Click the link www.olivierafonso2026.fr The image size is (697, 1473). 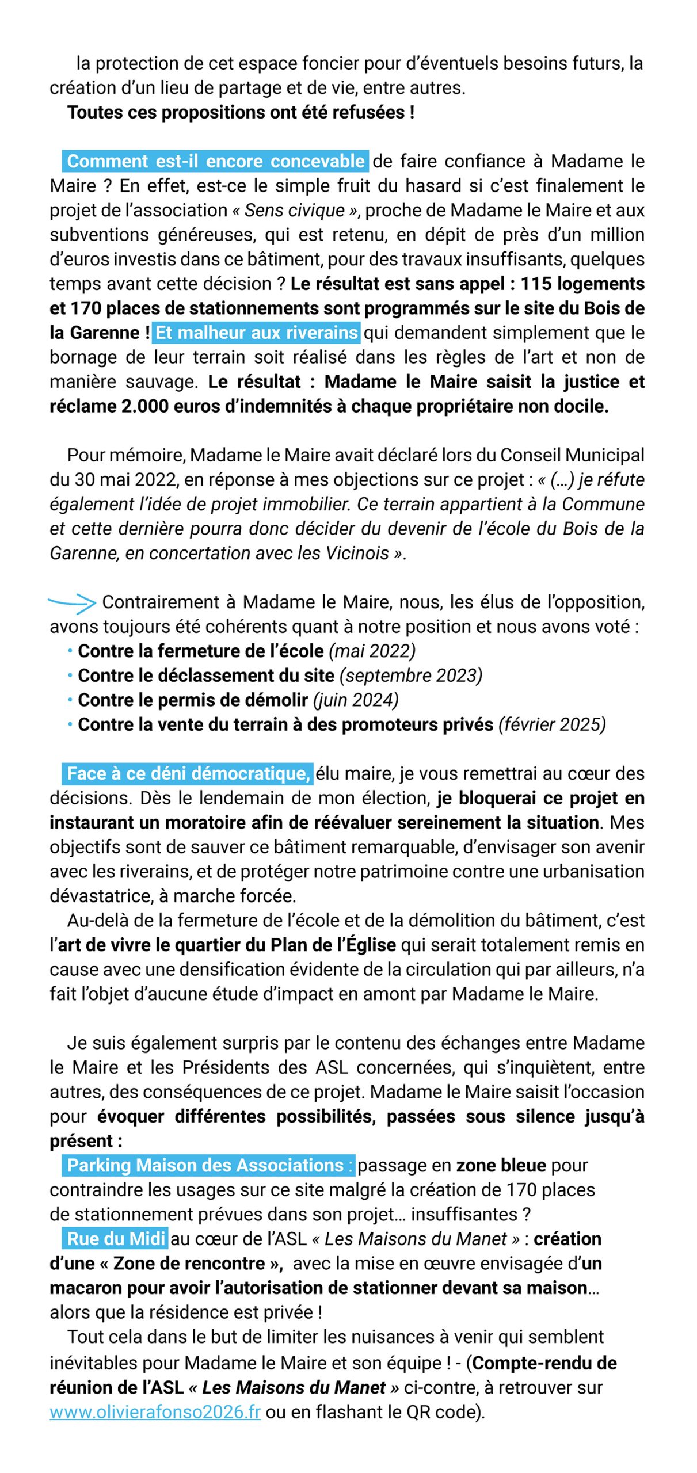pos(155,1412)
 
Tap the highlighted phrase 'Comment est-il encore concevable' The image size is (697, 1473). pos(216,161)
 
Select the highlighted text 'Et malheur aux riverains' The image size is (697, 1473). pos(257,333)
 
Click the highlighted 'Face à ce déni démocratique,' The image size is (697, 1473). pos(188,773)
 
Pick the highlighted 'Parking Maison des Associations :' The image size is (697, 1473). pos(209,1165)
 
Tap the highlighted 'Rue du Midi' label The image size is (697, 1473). pos(116,1238)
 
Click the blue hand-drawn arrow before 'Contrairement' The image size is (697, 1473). pos(72,602)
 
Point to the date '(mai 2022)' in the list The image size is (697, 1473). pos(372,651)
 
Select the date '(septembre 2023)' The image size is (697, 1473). pos(410,676)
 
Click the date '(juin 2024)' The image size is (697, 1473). pos(356,700)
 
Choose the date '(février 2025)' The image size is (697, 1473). pos(552,724)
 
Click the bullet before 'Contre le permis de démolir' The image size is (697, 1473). pos(70,700)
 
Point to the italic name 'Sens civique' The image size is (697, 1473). pos(294,210)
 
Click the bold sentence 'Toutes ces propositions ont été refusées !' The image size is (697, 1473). pos(241,112)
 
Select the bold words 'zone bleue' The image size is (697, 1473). pos(501,1165)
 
